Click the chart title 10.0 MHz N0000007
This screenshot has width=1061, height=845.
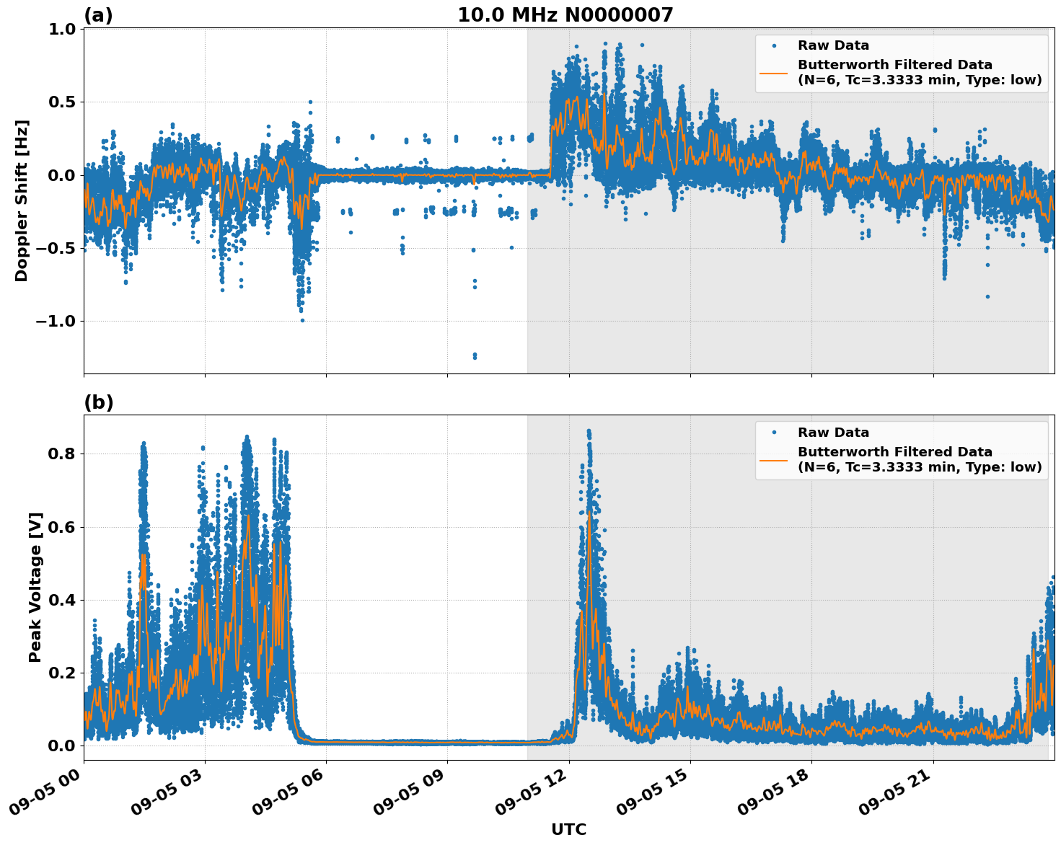[565, 15]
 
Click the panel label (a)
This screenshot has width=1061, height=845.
[98, 15]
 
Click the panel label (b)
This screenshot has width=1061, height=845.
[98, 402]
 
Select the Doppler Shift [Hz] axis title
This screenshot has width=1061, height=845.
[22, 200]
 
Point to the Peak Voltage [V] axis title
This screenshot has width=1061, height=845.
[35, 587]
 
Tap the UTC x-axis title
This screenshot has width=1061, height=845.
[568, 829]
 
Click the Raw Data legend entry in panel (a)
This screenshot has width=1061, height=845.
[833, 45]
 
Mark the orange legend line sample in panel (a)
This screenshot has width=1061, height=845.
[773, 72]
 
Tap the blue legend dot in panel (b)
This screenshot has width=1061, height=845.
[773, 433]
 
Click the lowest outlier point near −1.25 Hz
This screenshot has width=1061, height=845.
[475, 357]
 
